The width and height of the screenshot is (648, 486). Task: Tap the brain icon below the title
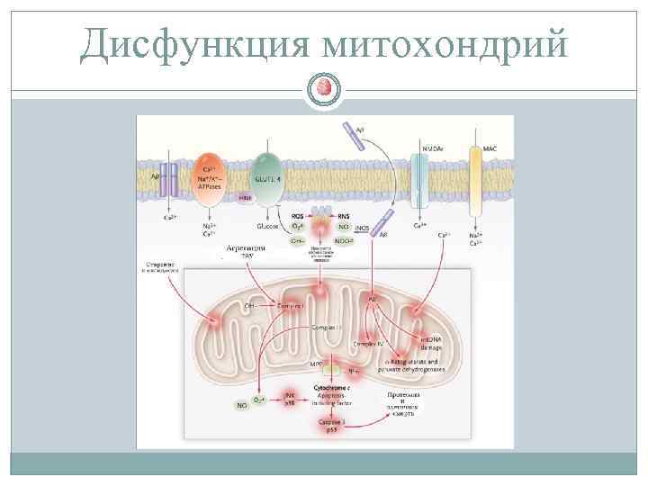click(325, 88)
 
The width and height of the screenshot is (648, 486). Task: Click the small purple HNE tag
click(245, 198)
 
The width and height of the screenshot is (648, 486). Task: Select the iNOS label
click(364, 229)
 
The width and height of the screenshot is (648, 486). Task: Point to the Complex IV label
click(369, 344)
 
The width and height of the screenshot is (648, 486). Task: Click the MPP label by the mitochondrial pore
click(316, 364)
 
